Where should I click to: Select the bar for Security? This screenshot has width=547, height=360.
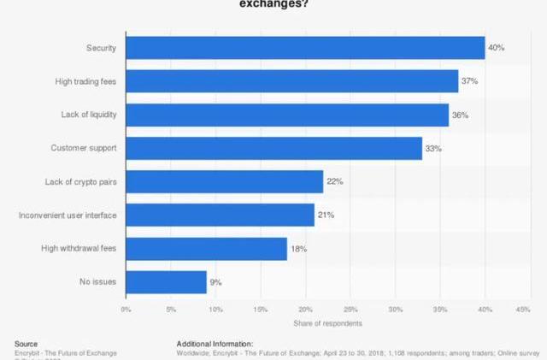[305, 48]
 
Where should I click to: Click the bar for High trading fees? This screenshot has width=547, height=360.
[291, 81]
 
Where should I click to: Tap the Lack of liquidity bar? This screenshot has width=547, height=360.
[287, 115]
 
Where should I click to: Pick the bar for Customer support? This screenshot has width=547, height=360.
[273, 148]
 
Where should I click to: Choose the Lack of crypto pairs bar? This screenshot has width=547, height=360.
[224, 181]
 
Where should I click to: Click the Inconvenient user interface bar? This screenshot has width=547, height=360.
[220, 215]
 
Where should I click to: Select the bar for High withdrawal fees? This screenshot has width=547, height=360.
[206, 248]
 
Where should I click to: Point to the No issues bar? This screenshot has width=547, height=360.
[166, 281]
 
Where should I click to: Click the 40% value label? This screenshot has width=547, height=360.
[496, 48]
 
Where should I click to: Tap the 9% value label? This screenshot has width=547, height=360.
[217, 281]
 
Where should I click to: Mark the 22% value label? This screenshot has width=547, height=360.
[334, 181]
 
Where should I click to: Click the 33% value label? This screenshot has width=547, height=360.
[433, 148]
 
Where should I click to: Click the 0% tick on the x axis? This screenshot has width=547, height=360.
[126, 309]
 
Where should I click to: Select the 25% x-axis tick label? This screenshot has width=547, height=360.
[350, 309]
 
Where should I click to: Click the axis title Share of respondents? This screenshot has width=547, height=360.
[327, 323]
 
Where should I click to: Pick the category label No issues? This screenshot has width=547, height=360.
[98, 281]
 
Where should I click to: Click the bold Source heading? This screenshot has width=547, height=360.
[26, 343]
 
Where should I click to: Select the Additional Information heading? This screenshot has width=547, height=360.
[215, 343]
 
